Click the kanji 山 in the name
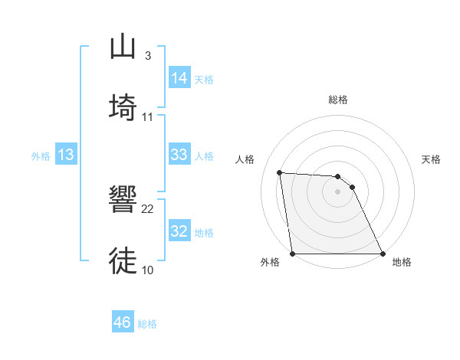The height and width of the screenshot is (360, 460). [123, 47]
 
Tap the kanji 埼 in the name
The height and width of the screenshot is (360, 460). [123, 106]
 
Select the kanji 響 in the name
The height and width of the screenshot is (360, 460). [123, 200]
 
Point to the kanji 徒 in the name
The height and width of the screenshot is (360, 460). [123, 260]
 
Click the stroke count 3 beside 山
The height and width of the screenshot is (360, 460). [147, 56]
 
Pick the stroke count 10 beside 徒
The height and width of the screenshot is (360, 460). [148, 270]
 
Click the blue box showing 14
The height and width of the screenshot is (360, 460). [179, 78]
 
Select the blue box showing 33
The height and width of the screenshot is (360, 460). [179, 155]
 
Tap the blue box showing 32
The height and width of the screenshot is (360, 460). [179, 232]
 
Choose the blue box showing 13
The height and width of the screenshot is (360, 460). [66, 155]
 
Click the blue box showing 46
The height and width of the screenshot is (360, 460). [123, 322]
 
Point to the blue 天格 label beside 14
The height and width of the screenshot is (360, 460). [204, 80]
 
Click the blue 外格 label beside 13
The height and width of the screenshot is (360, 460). [41, 156]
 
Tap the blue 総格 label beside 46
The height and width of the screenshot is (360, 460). [147, 324]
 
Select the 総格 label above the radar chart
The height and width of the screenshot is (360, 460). [338, 100]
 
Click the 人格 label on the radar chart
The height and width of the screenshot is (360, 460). [246, 159]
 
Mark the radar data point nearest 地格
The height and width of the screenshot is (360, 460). [383, 254]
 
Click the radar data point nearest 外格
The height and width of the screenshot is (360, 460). [293, 254]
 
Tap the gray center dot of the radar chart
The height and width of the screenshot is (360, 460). [338, 191]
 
